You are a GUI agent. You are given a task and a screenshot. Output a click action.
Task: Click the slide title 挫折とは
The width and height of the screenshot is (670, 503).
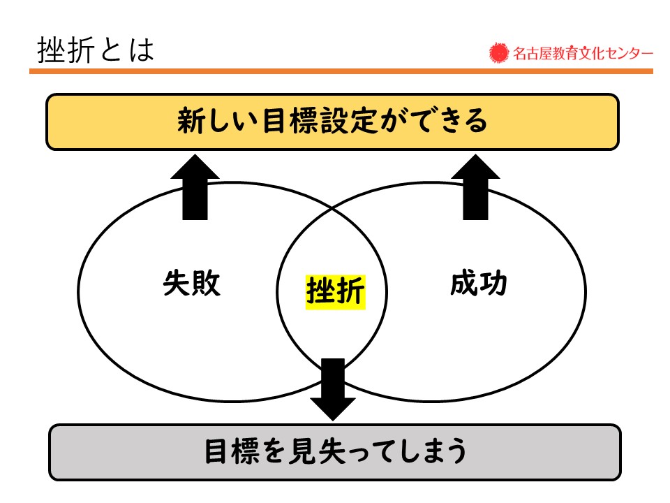coord(96,50)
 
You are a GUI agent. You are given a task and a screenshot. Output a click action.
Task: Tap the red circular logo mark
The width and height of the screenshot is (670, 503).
coord(498,53)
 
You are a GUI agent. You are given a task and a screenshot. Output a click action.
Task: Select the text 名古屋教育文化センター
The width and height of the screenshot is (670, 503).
coord(583,54)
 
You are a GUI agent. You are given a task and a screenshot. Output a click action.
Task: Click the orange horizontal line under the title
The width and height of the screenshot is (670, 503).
coord(341,71)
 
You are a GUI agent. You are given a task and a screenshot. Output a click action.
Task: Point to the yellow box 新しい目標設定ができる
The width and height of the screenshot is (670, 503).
coord(332,122)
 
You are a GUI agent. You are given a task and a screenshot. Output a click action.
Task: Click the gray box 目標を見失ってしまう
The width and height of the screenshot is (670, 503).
coord(334,452)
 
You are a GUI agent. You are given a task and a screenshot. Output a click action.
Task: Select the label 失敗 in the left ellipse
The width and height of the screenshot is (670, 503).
coord(191,283)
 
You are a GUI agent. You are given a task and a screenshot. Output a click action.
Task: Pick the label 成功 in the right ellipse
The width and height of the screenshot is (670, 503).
coord(479,283)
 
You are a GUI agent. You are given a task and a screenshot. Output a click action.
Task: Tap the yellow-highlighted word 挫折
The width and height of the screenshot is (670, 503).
coord(336,292)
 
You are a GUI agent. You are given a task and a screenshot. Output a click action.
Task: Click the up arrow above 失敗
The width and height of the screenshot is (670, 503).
coord(195,187)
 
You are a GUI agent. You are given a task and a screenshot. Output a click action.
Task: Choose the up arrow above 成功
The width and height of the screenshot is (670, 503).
coord(475,187)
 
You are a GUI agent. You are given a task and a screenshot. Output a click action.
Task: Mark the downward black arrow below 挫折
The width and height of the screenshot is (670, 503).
coord(333,390)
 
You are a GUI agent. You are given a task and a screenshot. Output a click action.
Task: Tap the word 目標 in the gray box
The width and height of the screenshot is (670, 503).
coord(232,451)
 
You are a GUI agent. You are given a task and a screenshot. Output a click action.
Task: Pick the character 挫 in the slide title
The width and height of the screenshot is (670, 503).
coord(52,50)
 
